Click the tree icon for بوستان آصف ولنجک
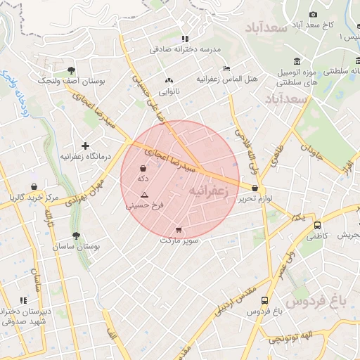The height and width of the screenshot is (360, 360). pyautogui.click(x=71, y=70)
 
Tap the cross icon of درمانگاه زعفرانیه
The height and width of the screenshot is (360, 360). pyautogui.click(x=86, y=146)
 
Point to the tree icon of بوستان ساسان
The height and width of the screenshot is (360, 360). pyautogui.click(x=76, y=236)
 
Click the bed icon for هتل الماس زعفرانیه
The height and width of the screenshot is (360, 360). pyautogui.click(x=226, y=68)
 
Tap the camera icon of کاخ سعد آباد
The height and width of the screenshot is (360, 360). pyautogui.click(x=313, y=15)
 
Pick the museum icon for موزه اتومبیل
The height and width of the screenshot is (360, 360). pyautogui.click(x=296, y=61)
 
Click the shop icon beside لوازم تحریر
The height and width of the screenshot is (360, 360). pyautogui.click(x=254, y=188)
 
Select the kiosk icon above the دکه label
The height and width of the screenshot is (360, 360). pyautogui.click(x=143, y=169)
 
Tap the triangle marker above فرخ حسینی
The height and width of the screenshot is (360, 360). pyautogui.click(x=144, y=195)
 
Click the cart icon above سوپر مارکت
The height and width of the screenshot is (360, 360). pyautogui.click(x=179, y=230)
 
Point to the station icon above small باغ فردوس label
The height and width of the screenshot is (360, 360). pyautogui.click(x=264, y=300)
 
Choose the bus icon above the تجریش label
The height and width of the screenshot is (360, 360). pyautogui.click(x=318, y=226)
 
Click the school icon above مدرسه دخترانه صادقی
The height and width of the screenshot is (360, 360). pyautogui.click(x=184, y=39)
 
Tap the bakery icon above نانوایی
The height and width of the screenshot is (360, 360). pyautogui.click(x=168, y=80)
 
